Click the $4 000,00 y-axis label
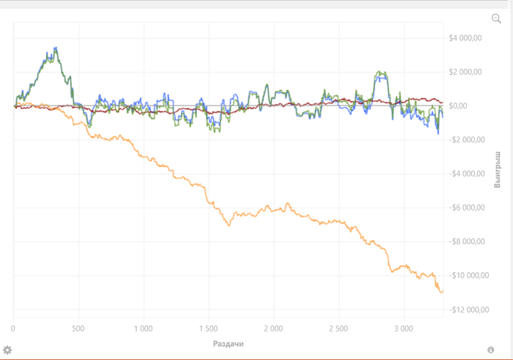point(465,38)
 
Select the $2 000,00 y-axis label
point(465,72)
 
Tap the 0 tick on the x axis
point(13,328)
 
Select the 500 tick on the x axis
point(78,328)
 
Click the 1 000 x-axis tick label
point(143,328)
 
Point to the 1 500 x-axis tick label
point(208,328)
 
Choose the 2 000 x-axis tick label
point(273,328)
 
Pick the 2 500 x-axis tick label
point(338,328)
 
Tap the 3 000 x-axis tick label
point(403,328)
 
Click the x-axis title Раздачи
point(228,343)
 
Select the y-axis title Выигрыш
point(498,171)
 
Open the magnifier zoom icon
point(496,18)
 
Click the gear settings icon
point(8,350)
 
